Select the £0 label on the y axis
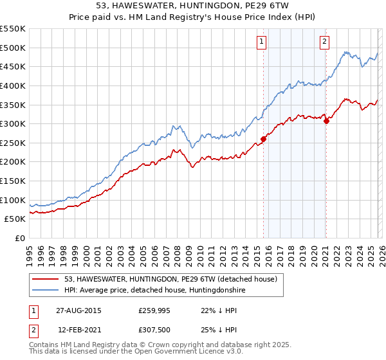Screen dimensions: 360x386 pos(19,238)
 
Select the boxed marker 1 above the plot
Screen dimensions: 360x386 pos(262,42)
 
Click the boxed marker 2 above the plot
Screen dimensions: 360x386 pos(324,42)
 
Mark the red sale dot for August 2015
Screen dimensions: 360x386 pos(264,139)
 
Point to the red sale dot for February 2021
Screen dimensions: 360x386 pos(326,121)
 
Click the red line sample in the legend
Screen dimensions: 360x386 pos(46,279)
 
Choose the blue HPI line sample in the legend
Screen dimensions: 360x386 pos(46,291)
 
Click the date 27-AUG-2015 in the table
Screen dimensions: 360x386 pos(78,310)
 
